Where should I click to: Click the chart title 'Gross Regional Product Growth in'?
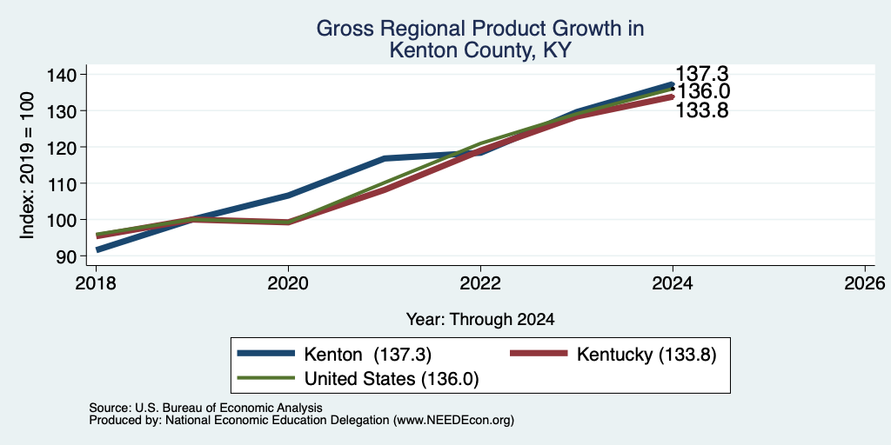480,29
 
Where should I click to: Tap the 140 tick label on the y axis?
68,75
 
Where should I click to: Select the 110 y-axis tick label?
68,183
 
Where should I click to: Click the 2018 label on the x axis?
96,282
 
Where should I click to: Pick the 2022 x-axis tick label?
480,282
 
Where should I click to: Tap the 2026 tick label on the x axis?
865,282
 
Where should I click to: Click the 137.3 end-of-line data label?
702,74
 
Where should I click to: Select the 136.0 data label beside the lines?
702,91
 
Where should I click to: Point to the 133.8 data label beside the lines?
702,110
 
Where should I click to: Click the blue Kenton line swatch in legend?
266,354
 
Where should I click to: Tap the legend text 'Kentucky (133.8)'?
646,355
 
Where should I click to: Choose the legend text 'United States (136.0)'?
392,379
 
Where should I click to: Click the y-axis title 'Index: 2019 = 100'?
28,165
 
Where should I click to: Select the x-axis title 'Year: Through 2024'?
480,320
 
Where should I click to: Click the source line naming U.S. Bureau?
205,408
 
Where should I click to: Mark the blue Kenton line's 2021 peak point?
385,158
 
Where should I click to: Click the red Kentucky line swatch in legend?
539,354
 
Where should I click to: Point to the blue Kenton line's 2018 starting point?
97,249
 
